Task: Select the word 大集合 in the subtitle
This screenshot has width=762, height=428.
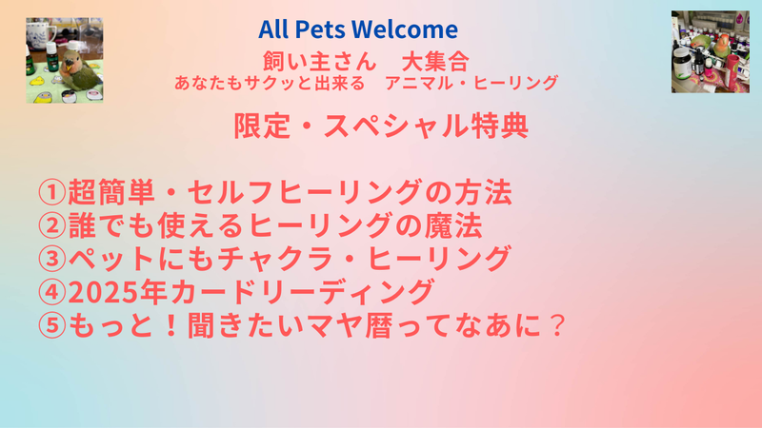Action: click(x=435, y=62)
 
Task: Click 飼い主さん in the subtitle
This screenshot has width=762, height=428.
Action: click(x=320, y=62)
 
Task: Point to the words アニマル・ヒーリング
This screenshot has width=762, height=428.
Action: click(x=471, y=83)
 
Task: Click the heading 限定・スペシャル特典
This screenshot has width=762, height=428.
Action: click(x=381, y=126)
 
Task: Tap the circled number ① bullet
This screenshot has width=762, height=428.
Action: click(x=52, y=192)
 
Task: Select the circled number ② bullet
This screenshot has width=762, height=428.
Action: click(x=52, y=225)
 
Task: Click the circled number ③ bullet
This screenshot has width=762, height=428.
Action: click(x=52, y=259)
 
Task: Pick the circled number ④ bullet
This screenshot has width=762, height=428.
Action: click(x=52, y=292)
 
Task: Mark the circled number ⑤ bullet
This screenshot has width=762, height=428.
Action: click(x=52, y=325)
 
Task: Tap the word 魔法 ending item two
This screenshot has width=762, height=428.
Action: click(x=453, y=225)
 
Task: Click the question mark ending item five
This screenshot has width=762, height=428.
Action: click(x=554, y=325)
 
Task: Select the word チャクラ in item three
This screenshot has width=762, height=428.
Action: click(x=275, y=259)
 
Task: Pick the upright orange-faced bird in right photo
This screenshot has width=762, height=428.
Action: click(x=721, y=46)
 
